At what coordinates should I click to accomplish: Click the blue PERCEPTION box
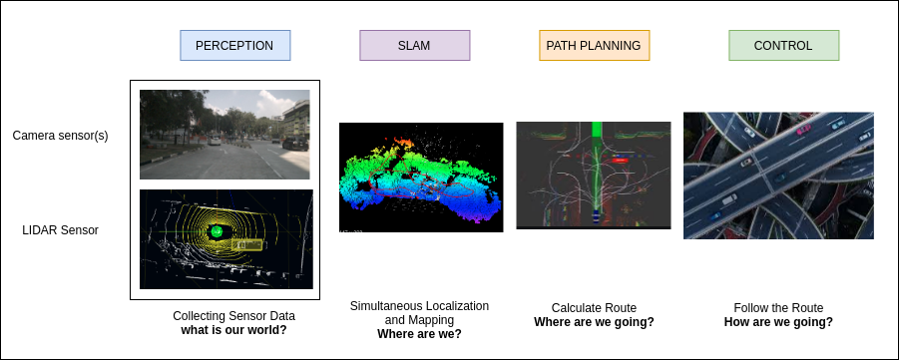pyautogui.click(x=234, y=46)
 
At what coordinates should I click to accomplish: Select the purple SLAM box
pyautogui.click(x=414, y=46)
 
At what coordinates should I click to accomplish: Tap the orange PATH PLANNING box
pyautogui.click(x=594, y=46)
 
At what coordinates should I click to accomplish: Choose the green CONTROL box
pyautogui.click(x=783, y=46)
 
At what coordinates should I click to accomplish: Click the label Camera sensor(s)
pyautogui.click(x=60, y=136)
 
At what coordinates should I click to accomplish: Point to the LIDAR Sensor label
pyautogui.click(x=60, y=230)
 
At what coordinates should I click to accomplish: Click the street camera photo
pyautogui.click(x=225, y=134)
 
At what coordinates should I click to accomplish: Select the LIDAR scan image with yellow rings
pyautogui.click(x=225, y=239)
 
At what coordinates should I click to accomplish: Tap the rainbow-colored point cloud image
pyautogui.click(x=421, y=178)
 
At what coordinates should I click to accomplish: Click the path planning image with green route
pyautogui.click(x=594, y=176)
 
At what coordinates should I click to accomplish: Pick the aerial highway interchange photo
pyautogui.click(x=778, y=176)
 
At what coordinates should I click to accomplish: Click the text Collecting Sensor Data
pyautogui.click(x=233, y=316)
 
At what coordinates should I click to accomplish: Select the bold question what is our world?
pyautogui.click(x=233, y=330)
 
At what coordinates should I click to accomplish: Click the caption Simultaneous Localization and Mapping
pyautogui.click(x=419, y=312)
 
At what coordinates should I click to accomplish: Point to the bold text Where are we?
pyautogui.click(x=419, y=335)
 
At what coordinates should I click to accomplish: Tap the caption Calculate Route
pyautogui.click(x=594, y=308)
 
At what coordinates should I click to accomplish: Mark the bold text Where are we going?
pyautogui.click(x=594, y=322)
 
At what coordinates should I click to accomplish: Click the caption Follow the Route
pyautogui.click(x=778, y=308)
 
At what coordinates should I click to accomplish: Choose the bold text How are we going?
pyautogui.click(x=778, y=322)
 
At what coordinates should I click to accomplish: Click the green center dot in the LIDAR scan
pyautogui.click(x=216, y=231)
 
